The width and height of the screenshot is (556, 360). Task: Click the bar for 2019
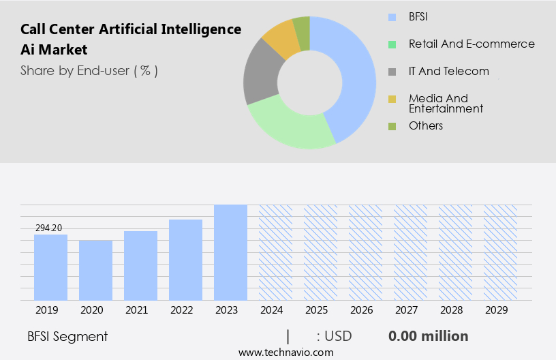click(x=50, y=267)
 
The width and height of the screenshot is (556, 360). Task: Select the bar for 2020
click(x=95, y=270)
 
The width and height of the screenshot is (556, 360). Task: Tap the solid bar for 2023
click(x=230, y=252)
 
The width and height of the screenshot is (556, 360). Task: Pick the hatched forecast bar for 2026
click(x=365, y=252)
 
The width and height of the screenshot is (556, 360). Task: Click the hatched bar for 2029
click(x=500, y=252)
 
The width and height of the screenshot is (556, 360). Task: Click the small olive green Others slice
click(x=302, y=26)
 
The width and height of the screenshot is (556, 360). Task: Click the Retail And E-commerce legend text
click(x=472, y=44)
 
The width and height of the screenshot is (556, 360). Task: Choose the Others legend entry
click(x=425, y=125)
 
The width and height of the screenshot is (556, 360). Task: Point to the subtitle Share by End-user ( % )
click(x=89, y=70)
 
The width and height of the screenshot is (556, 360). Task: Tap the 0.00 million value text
click(x=428, y=336)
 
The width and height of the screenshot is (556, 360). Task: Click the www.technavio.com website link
click(x=286, y=352)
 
